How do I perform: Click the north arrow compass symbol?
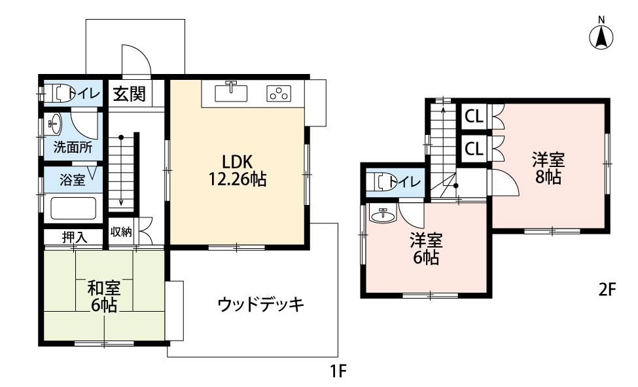click(601, 37)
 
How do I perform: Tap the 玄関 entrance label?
click(129, 94)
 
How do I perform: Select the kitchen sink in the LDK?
click(231, 92)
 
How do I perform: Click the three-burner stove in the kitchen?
click(279, 93)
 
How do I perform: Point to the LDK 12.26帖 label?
click(238, 170)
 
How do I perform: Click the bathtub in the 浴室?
click(74, 208)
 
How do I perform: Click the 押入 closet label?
click(75, 236)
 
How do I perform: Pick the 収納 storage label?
click(121, 232)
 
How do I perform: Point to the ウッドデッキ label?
click(261, 304)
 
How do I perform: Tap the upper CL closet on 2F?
click(474, 117)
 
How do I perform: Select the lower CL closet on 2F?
click(474, 149)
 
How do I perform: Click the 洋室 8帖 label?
click(548, 168)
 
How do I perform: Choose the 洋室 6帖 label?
click(426, 249)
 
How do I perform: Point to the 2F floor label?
click(607, 289)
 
